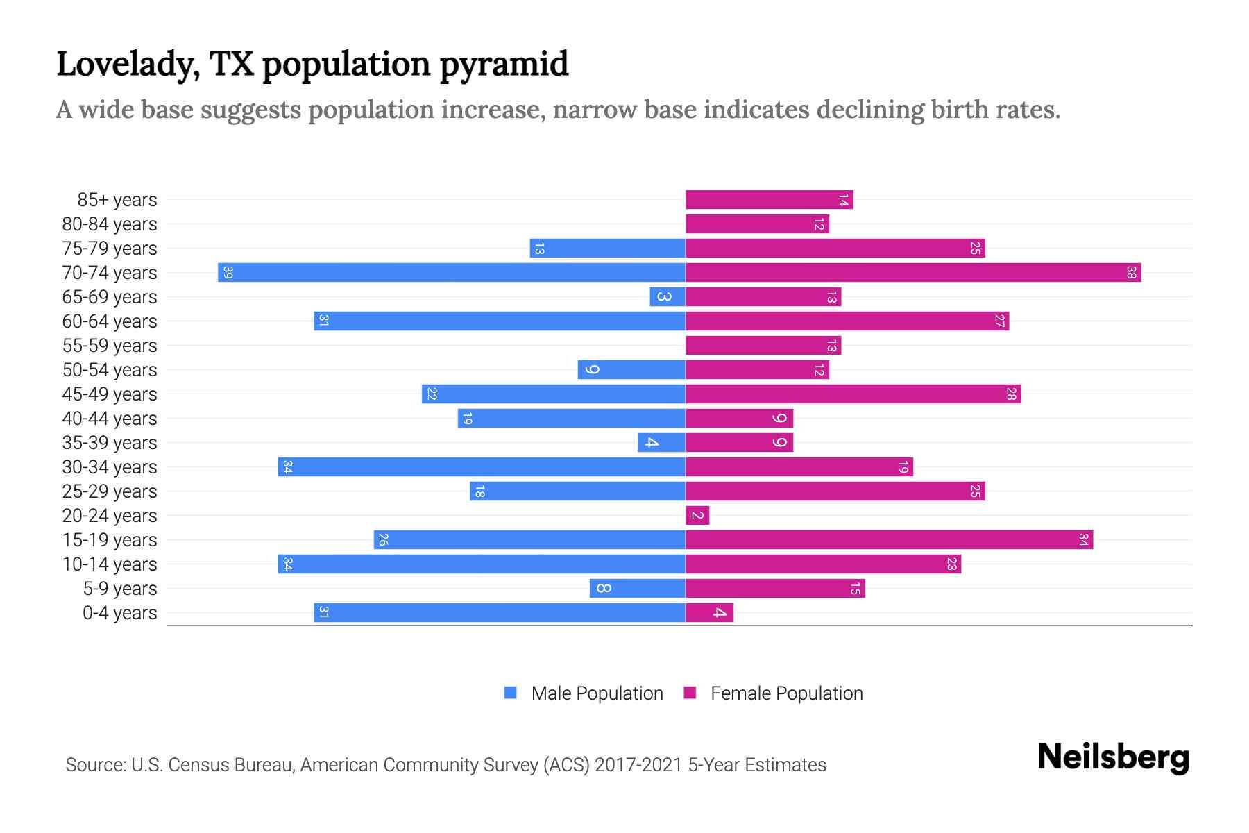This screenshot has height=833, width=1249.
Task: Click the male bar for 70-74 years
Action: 451,272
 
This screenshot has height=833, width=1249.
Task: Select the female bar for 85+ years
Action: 769,200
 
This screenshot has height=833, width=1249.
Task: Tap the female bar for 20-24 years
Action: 697,515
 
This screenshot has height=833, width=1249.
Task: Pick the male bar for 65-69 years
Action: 668,297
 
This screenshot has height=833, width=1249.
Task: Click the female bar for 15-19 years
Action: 888,539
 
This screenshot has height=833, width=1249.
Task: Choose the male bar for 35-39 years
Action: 661,443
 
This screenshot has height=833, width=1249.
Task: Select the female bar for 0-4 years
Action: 709,612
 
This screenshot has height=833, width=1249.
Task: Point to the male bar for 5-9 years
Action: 637,589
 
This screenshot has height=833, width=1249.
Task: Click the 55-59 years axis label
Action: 110,346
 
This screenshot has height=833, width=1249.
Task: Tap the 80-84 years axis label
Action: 110,224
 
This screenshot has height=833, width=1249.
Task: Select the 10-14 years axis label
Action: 110,564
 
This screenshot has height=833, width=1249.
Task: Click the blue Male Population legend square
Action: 511,693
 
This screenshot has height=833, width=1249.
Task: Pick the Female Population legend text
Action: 786,693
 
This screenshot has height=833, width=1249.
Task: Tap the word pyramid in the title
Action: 504,65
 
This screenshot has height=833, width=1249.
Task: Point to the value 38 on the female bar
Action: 1131,273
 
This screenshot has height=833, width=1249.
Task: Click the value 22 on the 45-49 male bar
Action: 432,394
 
